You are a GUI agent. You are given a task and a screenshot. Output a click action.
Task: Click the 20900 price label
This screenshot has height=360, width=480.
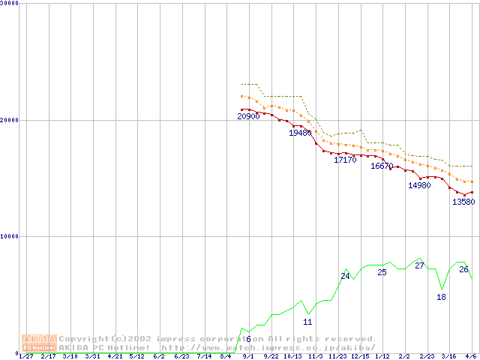[x=248, y=117]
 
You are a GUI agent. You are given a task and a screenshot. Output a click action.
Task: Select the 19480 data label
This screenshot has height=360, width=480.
[x=300, y=133]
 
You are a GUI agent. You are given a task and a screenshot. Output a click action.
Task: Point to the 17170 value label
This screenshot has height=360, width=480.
[x=345, y=160]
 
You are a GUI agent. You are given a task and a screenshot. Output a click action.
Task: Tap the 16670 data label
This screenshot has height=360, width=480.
[x=382, y=166]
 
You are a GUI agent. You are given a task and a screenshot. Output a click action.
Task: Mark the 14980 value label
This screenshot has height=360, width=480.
[x=419, y=185]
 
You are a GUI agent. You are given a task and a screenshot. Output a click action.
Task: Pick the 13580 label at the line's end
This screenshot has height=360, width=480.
[x=463, y=202]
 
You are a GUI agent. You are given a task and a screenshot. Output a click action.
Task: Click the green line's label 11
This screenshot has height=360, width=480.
[x=307, y=322]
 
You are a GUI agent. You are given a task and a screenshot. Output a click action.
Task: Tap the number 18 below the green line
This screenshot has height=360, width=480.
[x=441, y=297]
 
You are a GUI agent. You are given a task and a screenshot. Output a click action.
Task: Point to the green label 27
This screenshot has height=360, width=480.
[x=419, y=265]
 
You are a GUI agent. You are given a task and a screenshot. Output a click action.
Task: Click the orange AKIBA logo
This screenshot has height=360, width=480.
[x=40, y=343]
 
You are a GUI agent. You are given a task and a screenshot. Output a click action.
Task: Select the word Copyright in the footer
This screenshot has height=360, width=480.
[x=84, y=339]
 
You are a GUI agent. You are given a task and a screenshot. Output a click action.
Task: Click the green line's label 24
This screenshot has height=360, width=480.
[x=345, y=276]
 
